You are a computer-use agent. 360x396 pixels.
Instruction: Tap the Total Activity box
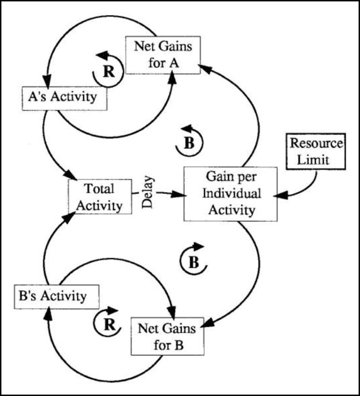(98, 196)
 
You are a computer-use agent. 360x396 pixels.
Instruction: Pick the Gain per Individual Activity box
(231, 194)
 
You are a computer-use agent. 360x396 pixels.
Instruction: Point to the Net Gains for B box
(163, 336)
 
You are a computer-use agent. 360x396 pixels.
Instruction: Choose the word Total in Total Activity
(99, 189)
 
